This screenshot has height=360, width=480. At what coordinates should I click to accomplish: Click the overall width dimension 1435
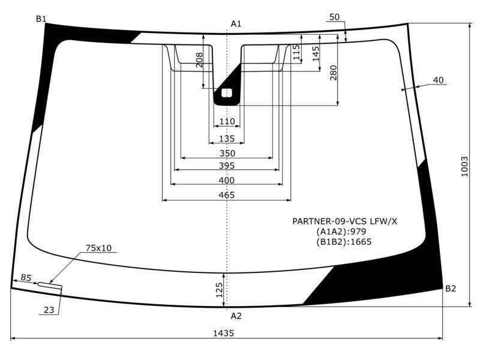[x=223, y=333]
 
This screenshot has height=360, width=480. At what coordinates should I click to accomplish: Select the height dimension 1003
[x=464, y=167]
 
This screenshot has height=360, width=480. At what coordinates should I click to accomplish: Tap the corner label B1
[x=41, y=19]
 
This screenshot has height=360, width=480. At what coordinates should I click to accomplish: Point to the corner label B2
[x=451, y=289]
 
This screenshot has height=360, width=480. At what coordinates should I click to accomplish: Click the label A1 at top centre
[x=236, y=24]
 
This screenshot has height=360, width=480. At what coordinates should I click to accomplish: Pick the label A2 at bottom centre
[x=236, y=316]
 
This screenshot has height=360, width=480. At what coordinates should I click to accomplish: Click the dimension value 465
[x=227, y=195]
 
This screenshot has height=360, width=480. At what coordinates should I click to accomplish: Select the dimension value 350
[x=227, y=154]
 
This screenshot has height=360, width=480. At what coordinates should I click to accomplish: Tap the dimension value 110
[x=227, y=122]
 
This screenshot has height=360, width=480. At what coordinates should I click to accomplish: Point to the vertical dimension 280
[x=334, y=73]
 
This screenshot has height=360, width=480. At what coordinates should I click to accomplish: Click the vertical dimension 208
[x=199, y=60]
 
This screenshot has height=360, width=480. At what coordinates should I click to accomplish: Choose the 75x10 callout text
[x=98, y=248]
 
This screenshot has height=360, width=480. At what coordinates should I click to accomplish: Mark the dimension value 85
[x=26, y=278]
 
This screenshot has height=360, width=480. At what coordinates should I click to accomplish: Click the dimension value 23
[x=49, y=310]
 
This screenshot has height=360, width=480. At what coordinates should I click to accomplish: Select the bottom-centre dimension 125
[x=219, y=290]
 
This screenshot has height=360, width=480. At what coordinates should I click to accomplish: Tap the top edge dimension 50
[x=335, y=17]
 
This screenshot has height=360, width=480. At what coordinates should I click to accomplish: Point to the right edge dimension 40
[x=439, y=80]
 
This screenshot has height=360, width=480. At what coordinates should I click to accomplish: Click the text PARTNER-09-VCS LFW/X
[x=344, y=221]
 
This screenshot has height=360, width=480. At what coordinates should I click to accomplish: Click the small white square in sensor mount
[x=227, y=93]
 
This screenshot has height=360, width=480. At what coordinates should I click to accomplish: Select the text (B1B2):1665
[x=344, y=242]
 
